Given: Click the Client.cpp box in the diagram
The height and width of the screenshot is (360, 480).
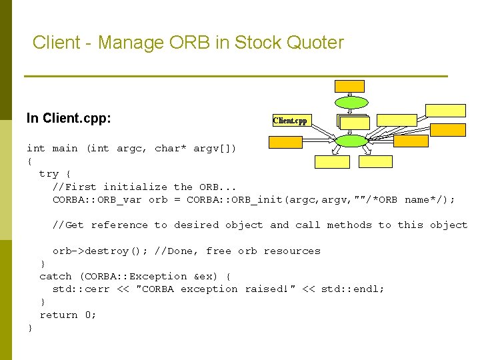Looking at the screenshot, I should coord(290,121).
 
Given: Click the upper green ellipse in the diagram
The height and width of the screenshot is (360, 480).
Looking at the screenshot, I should coord(351,103).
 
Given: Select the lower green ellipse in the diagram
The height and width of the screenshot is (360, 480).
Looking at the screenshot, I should coord(351,141).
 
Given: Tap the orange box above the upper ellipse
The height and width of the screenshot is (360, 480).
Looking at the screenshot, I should coord(350,86).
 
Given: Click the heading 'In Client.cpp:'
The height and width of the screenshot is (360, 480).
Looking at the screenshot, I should coord(69,119).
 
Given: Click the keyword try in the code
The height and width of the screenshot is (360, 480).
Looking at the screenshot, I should coord(49,174).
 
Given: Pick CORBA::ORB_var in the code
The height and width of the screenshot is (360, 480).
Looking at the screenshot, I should coord(97,200).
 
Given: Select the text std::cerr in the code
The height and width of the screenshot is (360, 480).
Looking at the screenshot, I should coord(79,289).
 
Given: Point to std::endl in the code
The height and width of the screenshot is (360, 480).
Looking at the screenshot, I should coord(353,289).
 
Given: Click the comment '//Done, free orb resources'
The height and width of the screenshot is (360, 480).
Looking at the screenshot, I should coord(237,251).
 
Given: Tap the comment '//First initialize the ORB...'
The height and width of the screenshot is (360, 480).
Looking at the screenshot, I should coord(144,187).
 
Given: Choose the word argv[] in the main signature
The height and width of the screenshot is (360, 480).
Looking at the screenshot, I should coord(215,149).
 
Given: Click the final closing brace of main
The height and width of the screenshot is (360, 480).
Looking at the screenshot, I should coord(29,328).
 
